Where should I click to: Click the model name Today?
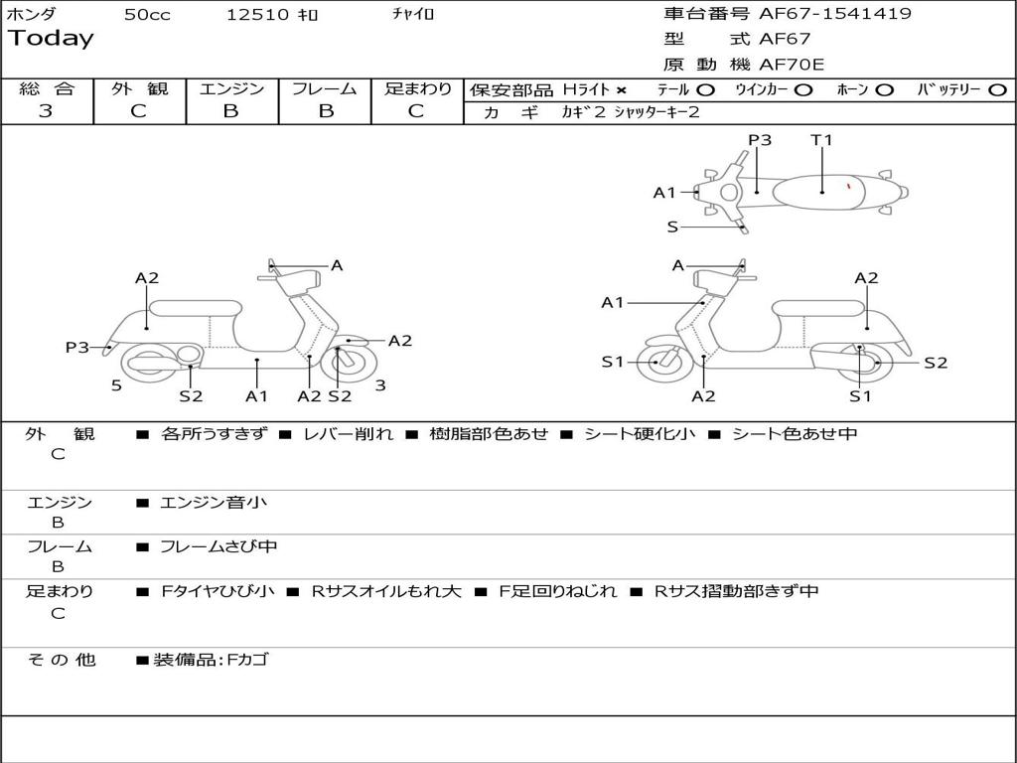click(51, 39)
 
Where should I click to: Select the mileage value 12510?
click(257, 15)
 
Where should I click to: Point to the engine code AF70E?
click(792, 66)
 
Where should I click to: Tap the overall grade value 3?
click(46, 111)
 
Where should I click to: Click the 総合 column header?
click(47, 88)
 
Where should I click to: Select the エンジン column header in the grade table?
click(231, 88)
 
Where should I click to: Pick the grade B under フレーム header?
click(325, 111)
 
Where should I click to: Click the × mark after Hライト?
click(622, 89)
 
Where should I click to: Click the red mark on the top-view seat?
click(848, 185)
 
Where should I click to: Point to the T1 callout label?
click(821, 140)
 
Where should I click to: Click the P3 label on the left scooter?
click(77, 347)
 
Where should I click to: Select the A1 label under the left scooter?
click(257, 396)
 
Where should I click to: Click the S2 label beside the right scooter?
click(936, 363)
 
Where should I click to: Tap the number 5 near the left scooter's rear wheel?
click(116, 385)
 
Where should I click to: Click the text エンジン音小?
click(213, 503)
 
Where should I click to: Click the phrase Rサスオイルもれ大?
click(386, 591)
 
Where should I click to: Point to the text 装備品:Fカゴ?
click(211, 660)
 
